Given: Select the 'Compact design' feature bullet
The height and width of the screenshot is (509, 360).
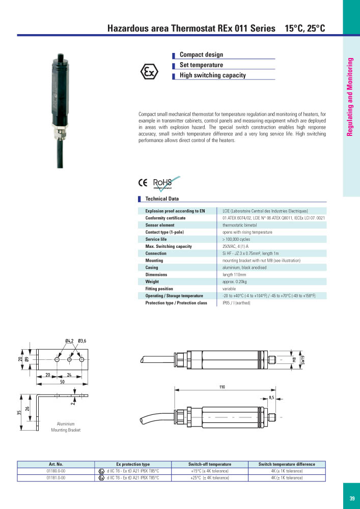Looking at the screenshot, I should point(201,54).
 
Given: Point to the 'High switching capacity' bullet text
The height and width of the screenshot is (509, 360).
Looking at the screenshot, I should point(212,75).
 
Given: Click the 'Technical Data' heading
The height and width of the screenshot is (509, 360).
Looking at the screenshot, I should point(162,199).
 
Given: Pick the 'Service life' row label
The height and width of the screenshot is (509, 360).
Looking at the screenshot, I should point(156,239).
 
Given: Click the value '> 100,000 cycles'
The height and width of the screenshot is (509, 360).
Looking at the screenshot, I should point(236,239).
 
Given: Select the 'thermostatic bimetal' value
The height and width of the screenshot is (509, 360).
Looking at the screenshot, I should point(239,225).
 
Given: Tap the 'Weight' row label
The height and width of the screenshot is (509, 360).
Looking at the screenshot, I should point(152,281).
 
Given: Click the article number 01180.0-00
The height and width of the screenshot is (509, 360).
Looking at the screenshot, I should point(56,471).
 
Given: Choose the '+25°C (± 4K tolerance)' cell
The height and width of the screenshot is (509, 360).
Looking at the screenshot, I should point(209,478).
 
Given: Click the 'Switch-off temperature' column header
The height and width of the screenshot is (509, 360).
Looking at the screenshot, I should point(209,464).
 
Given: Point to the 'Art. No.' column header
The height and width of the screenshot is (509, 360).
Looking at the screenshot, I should point(56,464).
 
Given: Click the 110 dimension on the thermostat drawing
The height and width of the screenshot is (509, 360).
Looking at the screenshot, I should point(222,388).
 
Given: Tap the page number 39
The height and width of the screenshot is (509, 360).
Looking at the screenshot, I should point(352,499).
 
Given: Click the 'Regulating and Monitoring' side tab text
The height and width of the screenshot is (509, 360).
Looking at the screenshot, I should point(350,97).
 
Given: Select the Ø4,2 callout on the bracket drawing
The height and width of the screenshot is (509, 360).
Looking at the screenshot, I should point(70,341).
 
